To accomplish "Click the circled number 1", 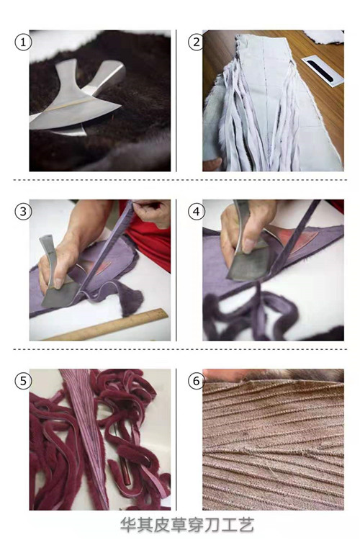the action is click(x=23, y=42).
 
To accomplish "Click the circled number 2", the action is click(x=197, y=42).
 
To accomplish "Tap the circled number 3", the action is click(x=23, y=212).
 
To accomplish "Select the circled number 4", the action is click(x=197, y=212).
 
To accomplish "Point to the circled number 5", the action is click(x=23, y=381).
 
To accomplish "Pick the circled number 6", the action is click(x=197, y=381).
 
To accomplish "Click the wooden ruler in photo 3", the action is click(x=107, y=325).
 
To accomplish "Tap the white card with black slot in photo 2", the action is click(x=323, y=71).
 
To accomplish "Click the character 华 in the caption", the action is click(x=128, y=525).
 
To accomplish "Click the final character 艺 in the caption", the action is click(x=246, y=525).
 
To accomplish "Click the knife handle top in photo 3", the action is click(x=46, y=240).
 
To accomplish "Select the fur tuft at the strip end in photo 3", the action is click(x=132, y=302).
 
